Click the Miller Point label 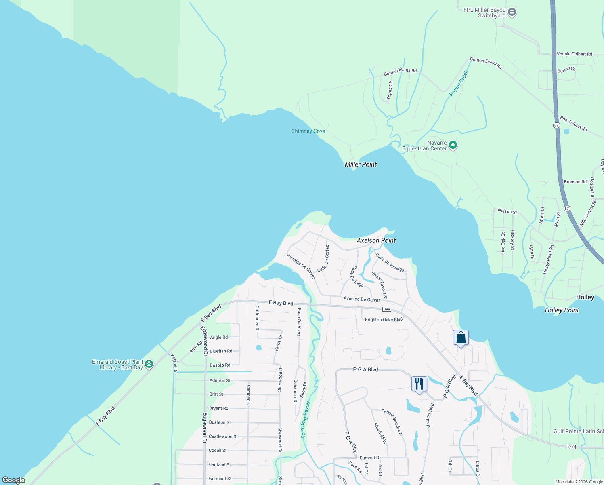pyautogui.click(x=361, y=164)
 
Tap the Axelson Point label pyautogui.click(x=376, y=240)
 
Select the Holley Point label pyautogui.click(x=562, y=310)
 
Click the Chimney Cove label pyautogui.click(x=308, y=131)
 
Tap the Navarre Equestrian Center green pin pyautogui.click(x=453, y=145)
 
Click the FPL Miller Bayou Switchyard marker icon pyautogui.click(x=512, y=13)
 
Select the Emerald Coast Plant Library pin pyautogui.click(x=149, y=364)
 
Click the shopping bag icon pyautogui.click(x=461, y=338)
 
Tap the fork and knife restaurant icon pyautogui.click(x=419, y=384)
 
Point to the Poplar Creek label pyautogui.click(x=459, y=83)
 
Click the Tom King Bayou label pyautogui.click(x=305, y=420)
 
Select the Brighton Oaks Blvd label pyautogui.click(x=384, y=320)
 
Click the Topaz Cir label pyautogui.click(x=390, y=90)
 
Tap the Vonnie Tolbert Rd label pyautogui.click(x=574, y=54)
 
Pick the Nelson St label pyautogui.click(x=507, y=211)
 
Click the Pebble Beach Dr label pyautogui.click(x=392, y=422)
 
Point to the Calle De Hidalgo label pyautogui.click(x=390, y=262)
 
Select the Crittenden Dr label pyautogui.click(x=257, y=318)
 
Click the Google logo pyautogui.click(x=14, y=480)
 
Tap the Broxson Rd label pyautogui.click(x=575, y=182)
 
